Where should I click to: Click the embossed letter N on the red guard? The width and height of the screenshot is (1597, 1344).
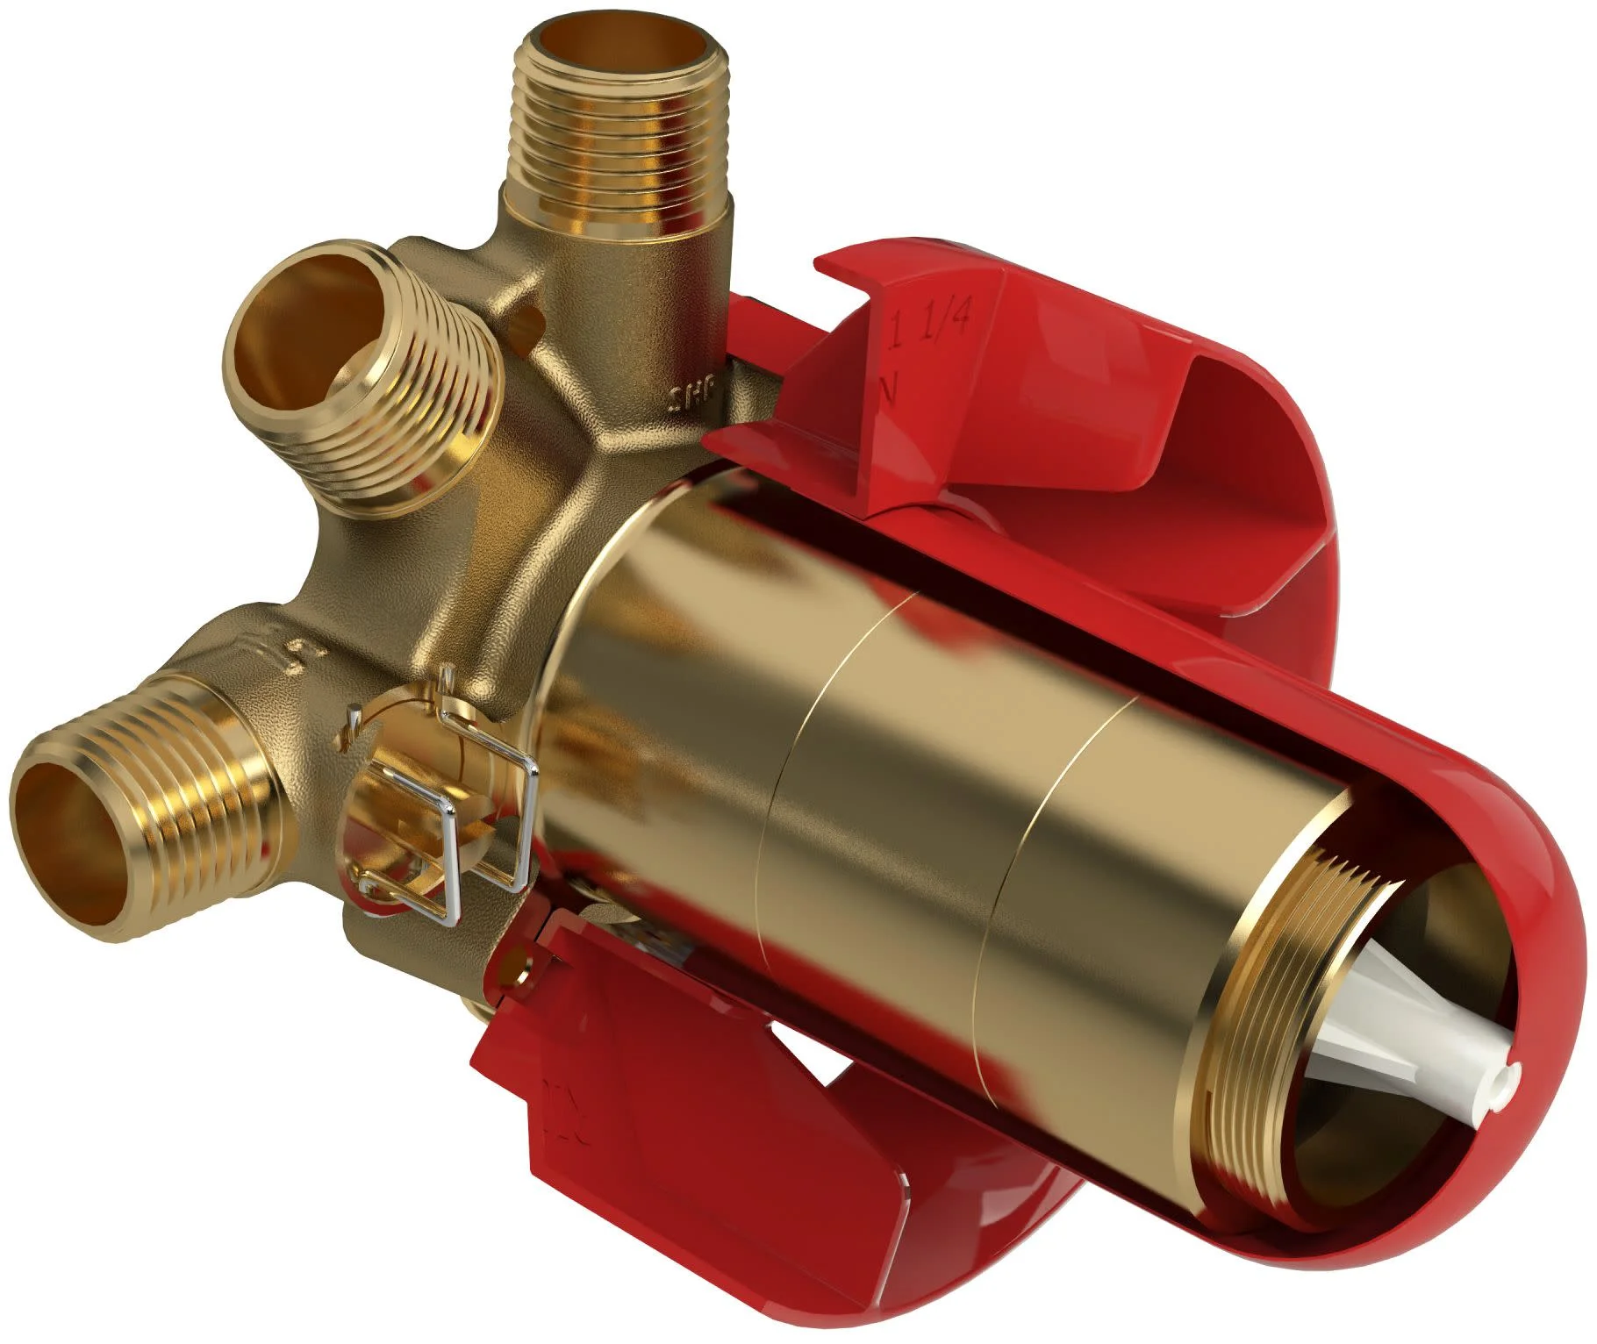click(888, 387)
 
